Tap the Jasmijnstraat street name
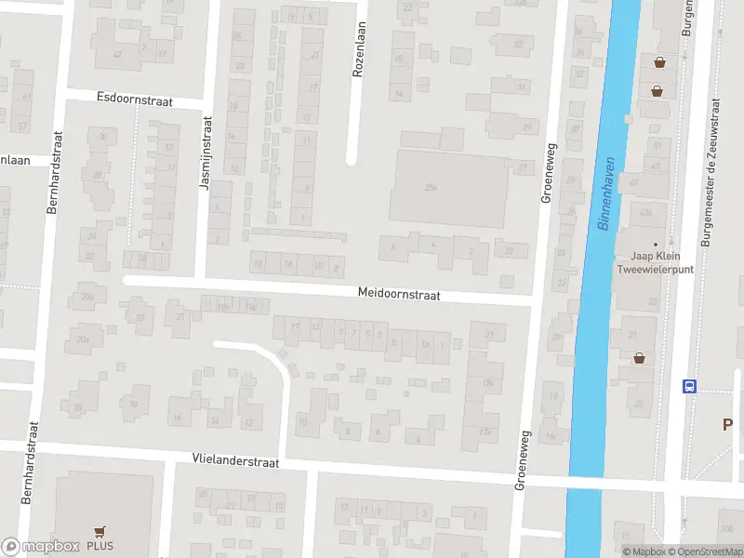click(206, 153)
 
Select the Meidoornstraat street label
click(399, 293)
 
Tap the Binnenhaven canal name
click(606, 193)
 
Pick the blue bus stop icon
click(689, 386)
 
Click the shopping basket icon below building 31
click(640, 357)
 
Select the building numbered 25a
click(430, 188)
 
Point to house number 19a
click(486, 382)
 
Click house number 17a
click(485, 431)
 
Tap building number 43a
click(646, 211)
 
